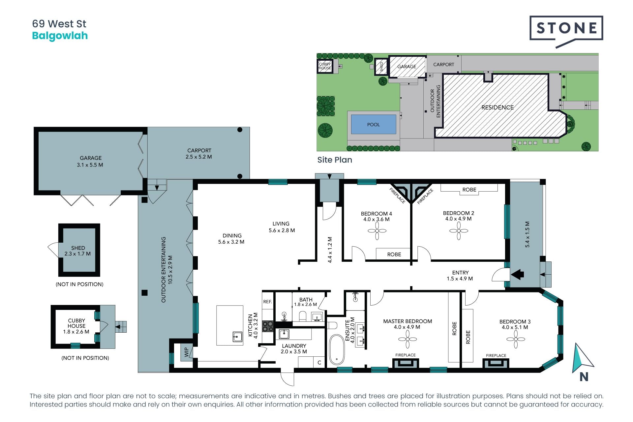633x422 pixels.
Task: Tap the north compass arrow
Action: [x=582, y=358]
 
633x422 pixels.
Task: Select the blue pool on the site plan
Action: [x=374, y=124]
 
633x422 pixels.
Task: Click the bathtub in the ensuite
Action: [x=337, y=349]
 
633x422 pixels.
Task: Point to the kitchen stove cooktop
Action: [x=267, y=326]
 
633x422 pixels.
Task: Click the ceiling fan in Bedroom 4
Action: [x=377, y=231]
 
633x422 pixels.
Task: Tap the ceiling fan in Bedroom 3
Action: [x=516, y=339]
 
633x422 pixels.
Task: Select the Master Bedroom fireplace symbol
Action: [x=406, y=363]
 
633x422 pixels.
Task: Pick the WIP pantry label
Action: [x=187, y=352]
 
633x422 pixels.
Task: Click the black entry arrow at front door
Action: [x=517, y=274]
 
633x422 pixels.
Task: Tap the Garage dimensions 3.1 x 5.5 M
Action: [x=90, y=165]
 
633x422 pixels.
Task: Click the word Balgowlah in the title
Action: [x=60, y=36]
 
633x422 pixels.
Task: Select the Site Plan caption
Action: [x=335, y=160]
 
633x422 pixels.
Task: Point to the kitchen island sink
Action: [x=237, y=337]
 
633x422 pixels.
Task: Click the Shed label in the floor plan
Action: [x=78, y=248]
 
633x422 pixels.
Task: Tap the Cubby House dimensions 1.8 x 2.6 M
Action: [x=76, y=332]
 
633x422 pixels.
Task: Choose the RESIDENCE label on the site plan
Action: [x=497, y=107]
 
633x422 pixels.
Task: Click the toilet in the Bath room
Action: [x=303, y=316]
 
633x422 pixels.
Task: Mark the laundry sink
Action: [x=284, y=334]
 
